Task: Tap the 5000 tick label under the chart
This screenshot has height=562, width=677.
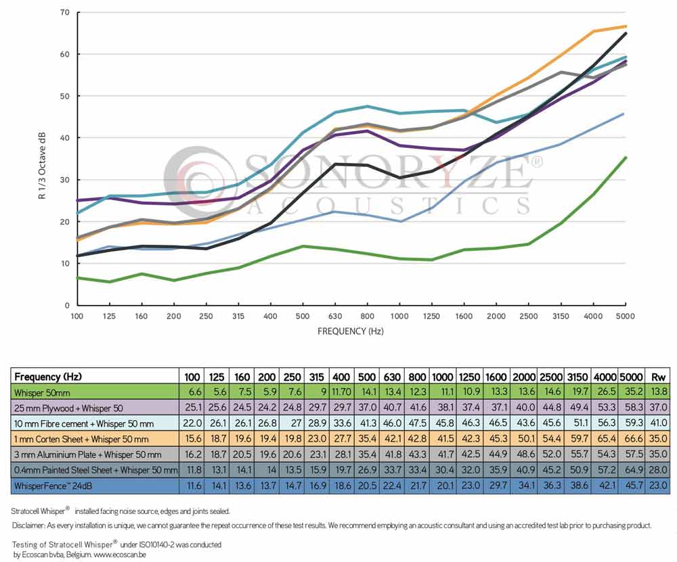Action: [626, 317]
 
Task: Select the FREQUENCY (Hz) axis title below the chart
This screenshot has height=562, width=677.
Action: [351, 331]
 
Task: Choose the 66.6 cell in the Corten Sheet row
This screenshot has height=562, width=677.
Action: [632, 439]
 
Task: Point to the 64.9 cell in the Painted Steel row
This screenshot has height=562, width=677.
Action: [632, 470]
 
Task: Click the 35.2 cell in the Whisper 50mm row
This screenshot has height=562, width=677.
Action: [632, 392]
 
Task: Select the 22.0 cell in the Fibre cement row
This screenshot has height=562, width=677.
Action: [192, 423]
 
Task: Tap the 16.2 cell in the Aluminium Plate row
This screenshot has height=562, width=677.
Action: [192, 454]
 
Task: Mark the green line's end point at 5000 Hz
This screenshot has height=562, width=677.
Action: [626, 158]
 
